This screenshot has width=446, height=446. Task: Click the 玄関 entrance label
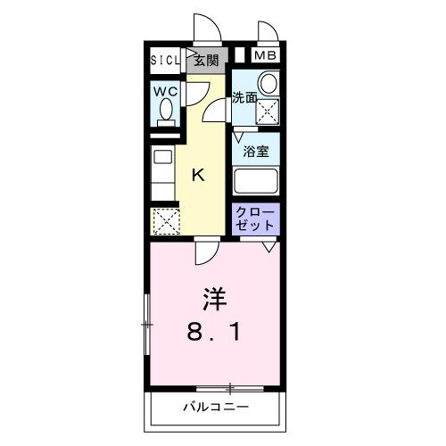(x=206, y=60)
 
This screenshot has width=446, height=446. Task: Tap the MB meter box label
(x=266, y=56)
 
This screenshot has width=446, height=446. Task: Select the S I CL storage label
(x=165, y=60)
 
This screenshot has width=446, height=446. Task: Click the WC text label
(x=164, y=90)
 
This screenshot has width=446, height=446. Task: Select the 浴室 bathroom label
(x=257, y=151)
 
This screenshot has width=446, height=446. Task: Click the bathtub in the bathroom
(x=256, y=180)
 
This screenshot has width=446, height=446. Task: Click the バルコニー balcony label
(x=217, y=407)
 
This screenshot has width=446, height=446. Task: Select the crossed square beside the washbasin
(x=267, y=111)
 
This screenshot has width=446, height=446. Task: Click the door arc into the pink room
(x=204, y=253)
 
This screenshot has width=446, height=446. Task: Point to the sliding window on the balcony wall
(x=230, y=388)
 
